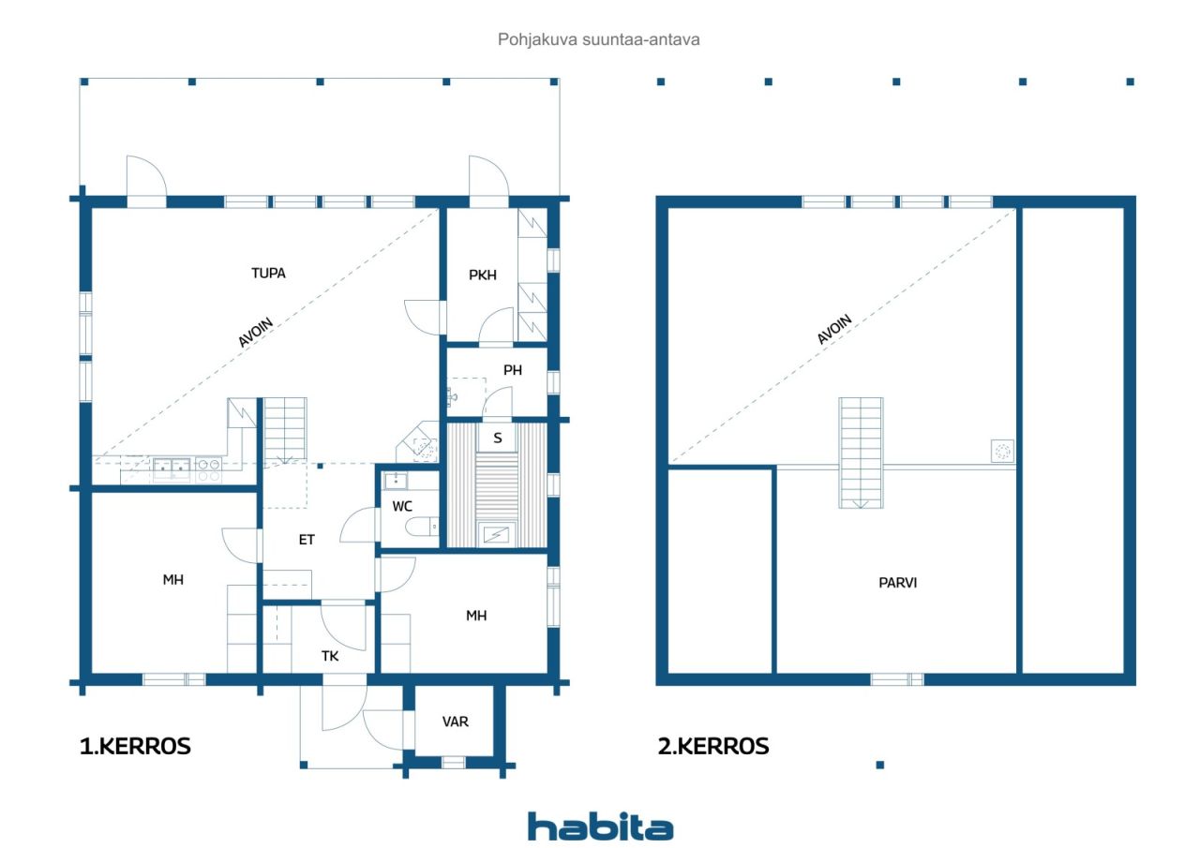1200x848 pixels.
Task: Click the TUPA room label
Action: pos(268,274)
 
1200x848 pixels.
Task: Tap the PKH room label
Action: pos(482,275)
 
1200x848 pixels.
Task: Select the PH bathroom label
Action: pos(512,370)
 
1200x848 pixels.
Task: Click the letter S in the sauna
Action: pos(497,438)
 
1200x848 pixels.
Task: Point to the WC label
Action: pos(402,506)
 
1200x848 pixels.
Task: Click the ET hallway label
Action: pos(307,540)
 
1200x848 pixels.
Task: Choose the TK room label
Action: pos(330,656)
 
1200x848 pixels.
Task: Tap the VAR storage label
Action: pos(455,722)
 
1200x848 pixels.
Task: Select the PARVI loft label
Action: pos(897,582)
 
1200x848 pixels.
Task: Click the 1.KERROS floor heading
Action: pos(135,746)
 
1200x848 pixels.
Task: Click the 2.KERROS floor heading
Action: pos(713,746)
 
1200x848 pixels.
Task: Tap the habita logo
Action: pos(600,826)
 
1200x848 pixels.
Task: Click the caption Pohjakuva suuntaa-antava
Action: pos(599,40)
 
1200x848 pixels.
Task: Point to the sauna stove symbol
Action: pos(496,534)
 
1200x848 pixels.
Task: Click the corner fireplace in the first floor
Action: pos(423,447)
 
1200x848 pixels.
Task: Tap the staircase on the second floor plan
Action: pos(861,452)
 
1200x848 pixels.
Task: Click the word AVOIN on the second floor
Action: pos(833,330)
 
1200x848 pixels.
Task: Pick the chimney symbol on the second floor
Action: pos(1003,452)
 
